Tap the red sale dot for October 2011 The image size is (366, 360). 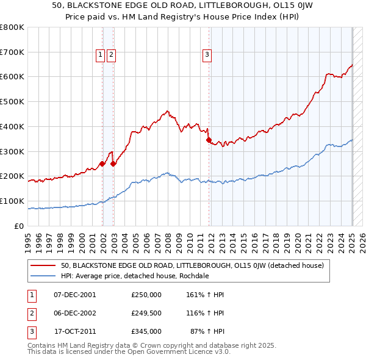tap(209, 140)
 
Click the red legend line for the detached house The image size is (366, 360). tap(43, 265)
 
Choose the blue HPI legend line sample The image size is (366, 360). tap(43, 276)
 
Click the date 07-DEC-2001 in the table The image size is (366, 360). tap(75, 294)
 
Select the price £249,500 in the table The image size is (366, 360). tap(146, 313)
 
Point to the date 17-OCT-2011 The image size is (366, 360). tap(75, 331)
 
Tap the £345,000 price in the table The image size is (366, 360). tap(146, 331)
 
